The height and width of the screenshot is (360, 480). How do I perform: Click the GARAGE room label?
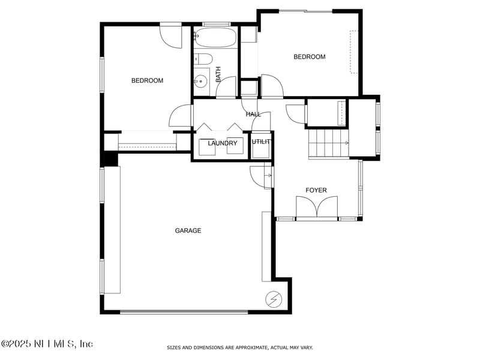(x=188, y=230)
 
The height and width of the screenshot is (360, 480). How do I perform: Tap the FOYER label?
(x=316, y=190)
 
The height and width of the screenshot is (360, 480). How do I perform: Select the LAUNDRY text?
(x=223, y=143)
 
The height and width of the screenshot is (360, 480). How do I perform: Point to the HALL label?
(x=253, y=114)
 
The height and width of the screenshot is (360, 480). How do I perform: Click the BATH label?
(x=218, y=74)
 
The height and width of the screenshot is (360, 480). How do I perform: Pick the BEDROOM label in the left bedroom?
(x=147, y=80)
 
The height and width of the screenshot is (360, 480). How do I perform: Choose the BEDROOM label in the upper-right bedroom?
(x=310, y=56)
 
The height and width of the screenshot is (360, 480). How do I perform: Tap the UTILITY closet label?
(x=261, y=142)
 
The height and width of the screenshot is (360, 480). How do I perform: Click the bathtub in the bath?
(x=215, y=37)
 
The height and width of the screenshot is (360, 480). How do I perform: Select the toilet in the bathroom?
(x=203, y=59)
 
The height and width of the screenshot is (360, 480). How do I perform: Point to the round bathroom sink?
(x=201, y=81)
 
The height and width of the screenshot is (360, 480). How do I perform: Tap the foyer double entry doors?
(x=317, y=207)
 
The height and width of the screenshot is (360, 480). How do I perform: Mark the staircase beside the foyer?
(x=328, y=143)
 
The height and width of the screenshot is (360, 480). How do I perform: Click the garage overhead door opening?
(x=184, y=312)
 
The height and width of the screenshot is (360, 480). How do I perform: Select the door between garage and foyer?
(x=261, y=177)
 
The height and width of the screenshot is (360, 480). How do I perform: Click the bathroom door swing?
(x=226, y=87)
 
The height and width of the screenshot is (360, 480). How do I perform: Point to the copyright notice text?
(x=47, y=344)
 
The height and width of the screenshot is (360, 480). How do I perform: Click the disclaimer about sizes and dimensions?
(x=240, y=347)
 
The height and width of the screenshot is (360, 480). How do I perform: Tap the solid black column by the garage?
(x=110, y=159)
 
